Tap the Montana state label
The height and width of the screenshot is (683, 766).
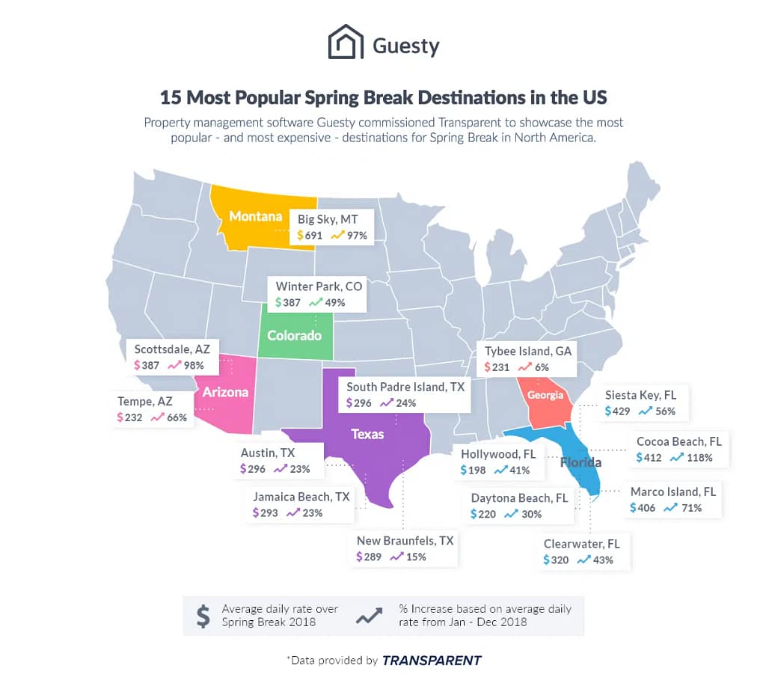(x=255, y=217)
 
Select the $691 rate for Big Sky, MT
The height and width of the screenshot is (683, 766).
(x=310, y=236)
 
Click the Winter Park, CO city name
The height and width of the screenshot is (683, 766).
(x=319, y=286)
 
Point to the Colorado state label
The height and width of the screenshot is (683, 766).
(x=294, y=335)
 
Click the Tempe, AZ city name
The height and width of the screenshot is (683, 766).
(x=144, y=401)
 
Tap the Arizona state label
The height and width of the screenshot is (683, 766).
(x=225, y=391)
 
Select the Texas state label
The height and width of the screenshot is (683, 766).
(x=368, y=434)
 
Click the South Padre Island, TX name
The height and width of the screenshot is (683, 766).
(x=405, y=387)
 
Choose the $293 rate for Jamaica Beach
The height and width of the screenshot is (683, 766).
(x=266, y=513)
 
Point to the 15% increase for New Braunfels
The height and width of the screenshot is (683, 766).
(x=416, y=557)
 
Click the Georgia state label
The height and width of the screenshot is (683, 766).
(x=544, y=394)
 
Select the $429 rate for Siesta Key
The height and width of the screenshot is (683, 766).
(x=618, y=411)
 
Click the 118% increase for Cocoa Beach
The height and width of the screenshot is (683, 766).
(x=699, y=457)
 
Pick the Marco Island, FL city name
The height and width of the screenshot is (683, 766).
(x=673, y=491)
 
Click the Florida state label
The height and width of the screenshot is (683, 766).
(x=580, y=462)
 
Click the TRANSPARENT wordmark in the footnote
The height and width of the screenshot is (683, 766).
(x=432, y=660)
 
